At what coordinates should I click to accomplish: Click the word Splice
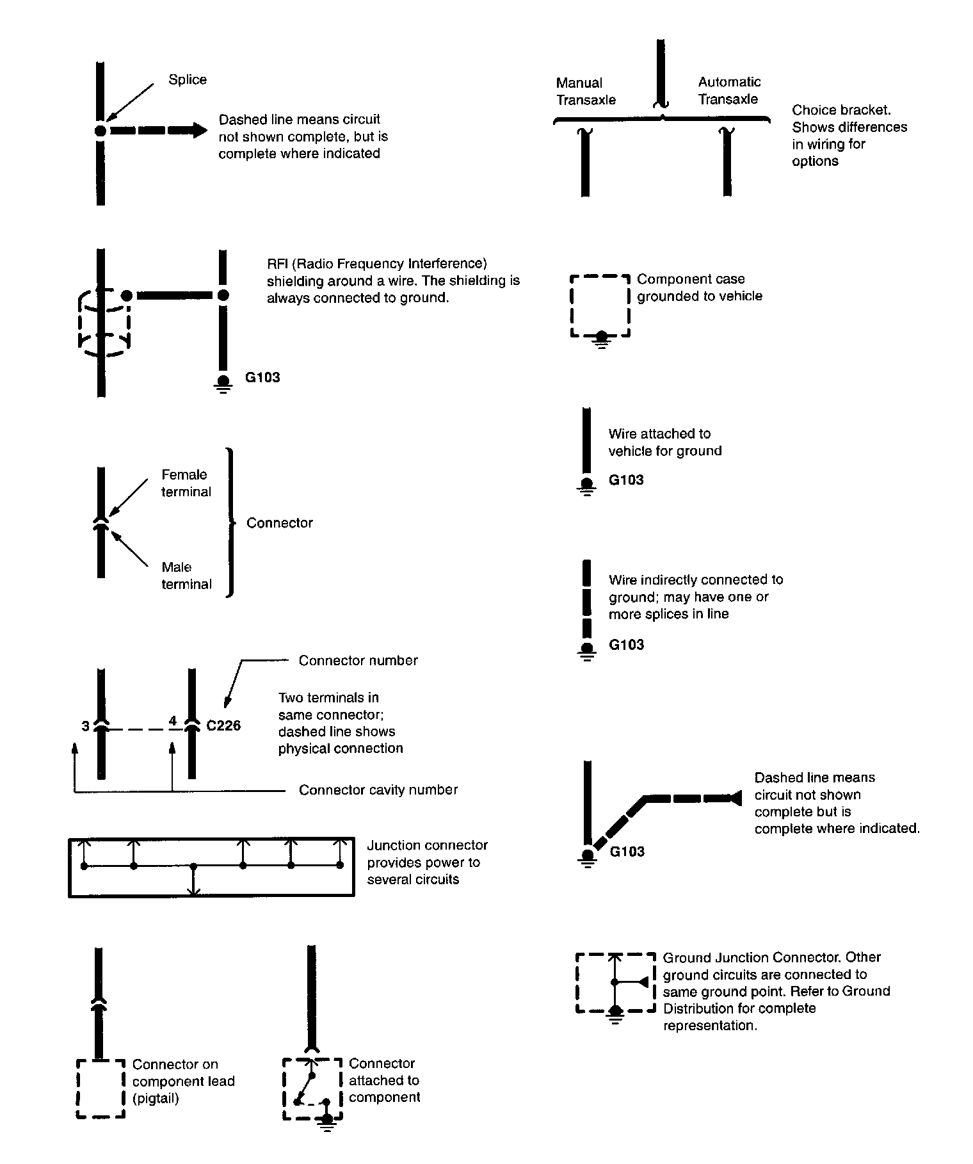(187, 79)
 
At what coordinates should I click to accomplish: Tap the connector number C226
(223, 725)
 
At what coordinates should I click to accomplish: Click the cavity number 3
(86, 726)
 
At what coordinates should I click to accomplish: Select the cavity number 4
(172, 721)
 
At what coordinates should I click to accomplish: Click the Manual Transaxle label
(586, 91)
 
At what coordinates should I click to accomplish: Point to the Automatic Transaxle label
(729, 90)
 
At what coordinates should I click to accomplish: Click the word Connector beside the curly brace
(280, 522)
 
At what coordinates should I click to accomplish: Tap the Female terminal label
(186, 483)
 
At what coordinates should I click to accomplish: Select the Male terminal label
(186, 575)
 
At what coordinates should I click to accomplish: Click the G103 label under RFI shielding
(262, 377)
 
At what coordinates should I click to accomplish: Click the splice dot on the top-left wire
(101, 131)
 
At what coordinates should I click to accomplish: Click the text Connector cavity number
(378, 790)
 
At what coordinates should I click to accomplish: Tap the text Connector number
(358, 660)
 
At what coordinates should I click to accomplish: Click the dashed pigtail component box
(101, 1088)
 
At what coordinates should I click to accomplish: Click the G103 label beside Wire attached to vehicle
(626, 480)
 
